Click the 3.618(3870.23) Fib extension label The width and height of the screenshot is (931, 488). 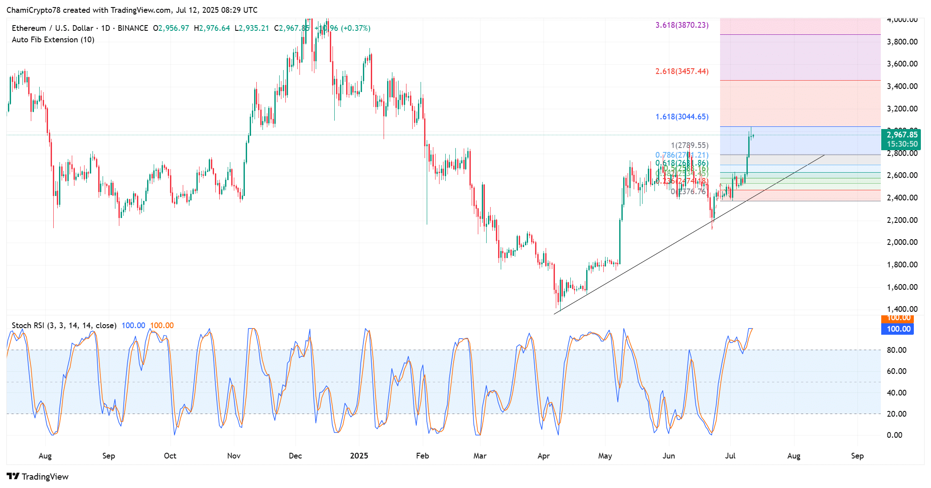click(x=682, y=25)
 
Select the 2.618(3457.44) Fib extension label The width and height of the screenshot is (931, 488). click(x=682, y=71)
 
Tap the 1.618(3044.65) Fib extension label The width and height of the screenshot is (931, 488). click(x=682, y=117)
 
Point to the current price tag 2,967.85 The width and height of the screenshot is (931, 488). click(x=902, y=135)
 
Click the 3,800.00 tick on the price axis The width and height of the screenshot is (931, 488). click(x=902, y=42)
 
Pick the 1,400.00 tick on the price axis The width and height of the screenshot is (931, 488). click(x=902, y=309)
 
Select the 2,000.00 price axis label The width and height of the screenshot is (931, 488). click(x=902, y=242)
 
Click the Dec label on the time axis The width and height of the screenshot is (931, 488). click(x=295, y=456)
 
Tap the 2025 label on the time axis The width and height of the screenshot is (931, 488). click(x=359, y=456)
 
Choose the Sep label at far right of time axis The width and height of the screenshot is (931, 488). click(x=857, y=456)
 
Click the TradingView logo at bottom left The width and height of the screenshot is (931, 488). click(x=38, y=477)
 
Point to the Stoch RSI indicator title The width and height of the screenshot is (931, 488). click(x=64, y=325)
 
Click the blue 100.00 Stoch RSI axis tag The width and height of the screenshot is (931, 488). click(x=898, y=329)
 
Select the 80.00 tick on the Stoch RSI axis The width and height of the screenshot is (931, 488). click(x=897, y=350)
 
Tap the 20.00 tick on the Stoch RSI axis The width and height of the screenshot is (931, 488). click(x=897, y=414)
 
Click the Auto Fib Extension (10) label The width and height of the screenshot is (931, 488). click(x=53, y=40)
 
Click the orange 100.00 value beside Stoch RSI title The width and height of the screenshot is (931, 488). click(x=162, y=325)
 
